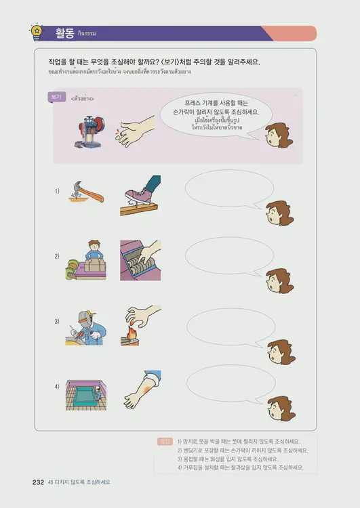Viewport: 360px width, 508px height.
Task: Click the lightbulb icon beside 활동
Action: click(35, 32)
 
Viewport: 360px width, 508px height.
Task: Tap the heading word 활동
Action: click(66, 33)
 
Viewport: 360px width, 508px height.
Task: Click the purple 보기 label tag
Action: click(56, 98)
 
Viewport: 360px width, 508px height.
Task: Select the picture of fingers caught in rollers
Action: click(141, 260)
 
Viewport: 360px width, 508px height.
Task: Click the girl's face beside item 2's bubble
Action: click(279, 280)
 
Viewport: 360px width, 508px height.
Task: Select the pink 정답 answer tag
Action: click(164, 442)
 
